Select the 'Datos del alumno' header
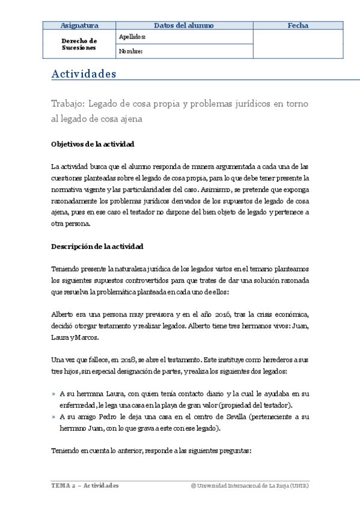(x=179, y=25)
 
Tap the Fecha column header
(x=298, y=25)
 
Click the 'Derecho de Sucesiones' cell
(x=79, y=44)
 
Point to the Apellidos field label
(x=132, y=37)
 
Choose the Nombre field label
(x=130, y=51)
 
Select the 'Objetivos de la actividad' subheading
(x=93, y=144)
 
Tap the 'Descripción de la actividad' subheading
(x=97, y=247)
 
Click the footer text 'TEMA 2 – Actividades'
(x=84, y=485)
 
